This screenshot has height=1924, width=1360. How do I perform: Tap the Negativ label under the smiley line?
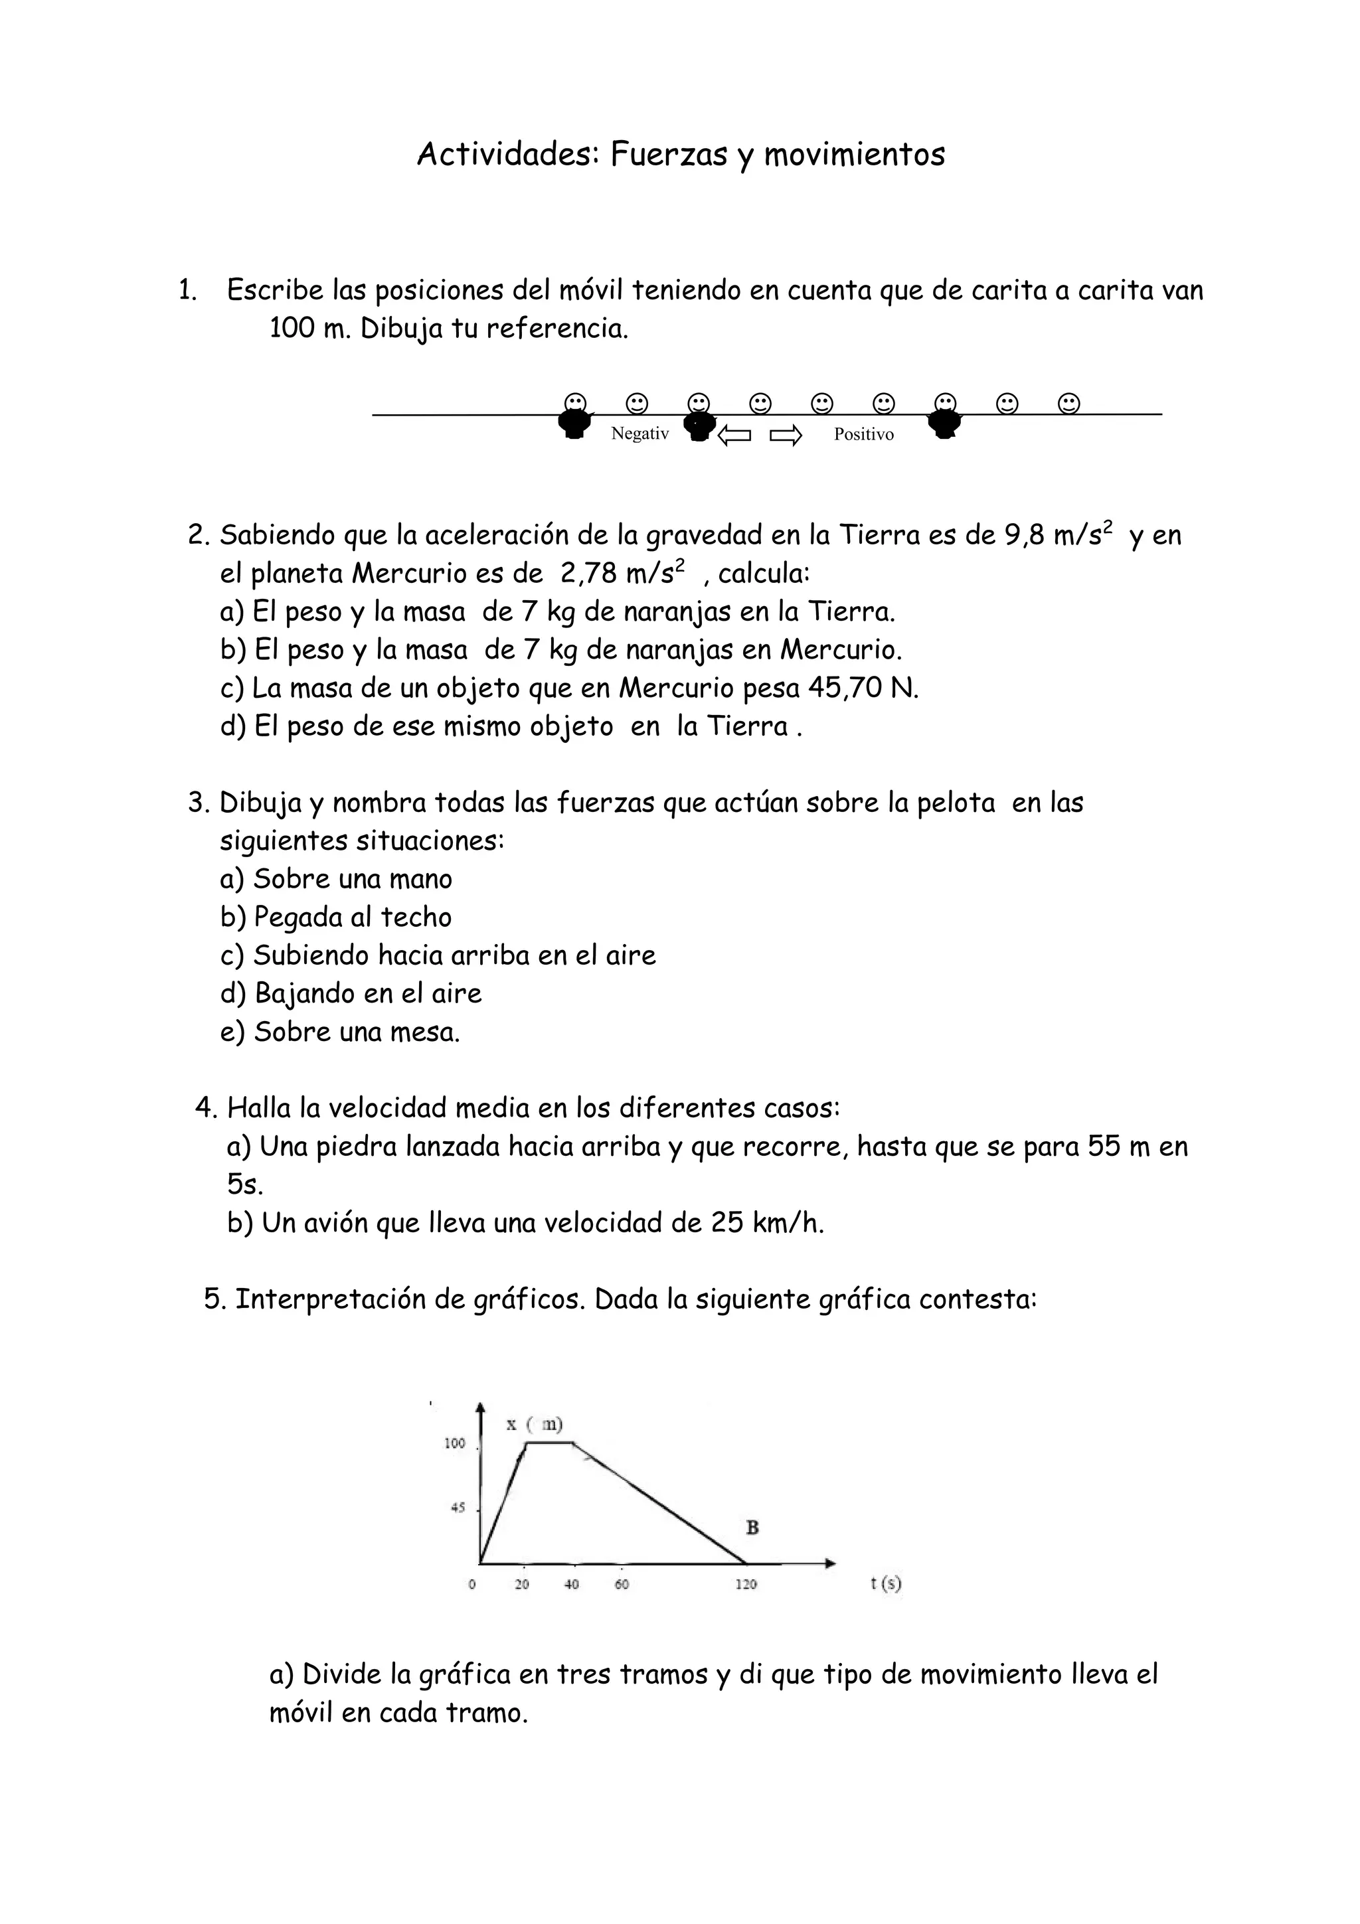pos(639,434)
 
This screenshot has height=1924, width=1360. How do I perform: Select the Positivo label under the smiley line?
pos(863,434)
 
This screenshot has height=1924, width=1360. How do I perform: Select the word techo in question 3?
pos(416,918)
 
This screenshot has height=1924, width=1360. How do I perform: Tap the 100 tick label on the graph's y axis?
pos(454,1443)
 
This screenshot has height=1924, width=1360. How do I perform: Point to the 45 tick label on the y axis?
pos(458,1508)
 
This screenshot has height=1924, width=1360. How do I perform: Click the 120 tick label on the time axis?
pos(746,1584)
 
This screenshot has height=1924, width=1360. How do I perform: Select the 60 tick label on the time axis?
pos(621,1584)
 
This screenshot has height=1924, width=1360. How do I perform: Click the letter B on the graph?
pos(752,1528)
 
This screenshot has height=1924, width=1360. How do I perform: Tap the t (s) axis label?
pos(886,1582)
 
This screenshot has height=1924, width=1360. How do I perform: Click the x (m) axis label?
pos(534,1423)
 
